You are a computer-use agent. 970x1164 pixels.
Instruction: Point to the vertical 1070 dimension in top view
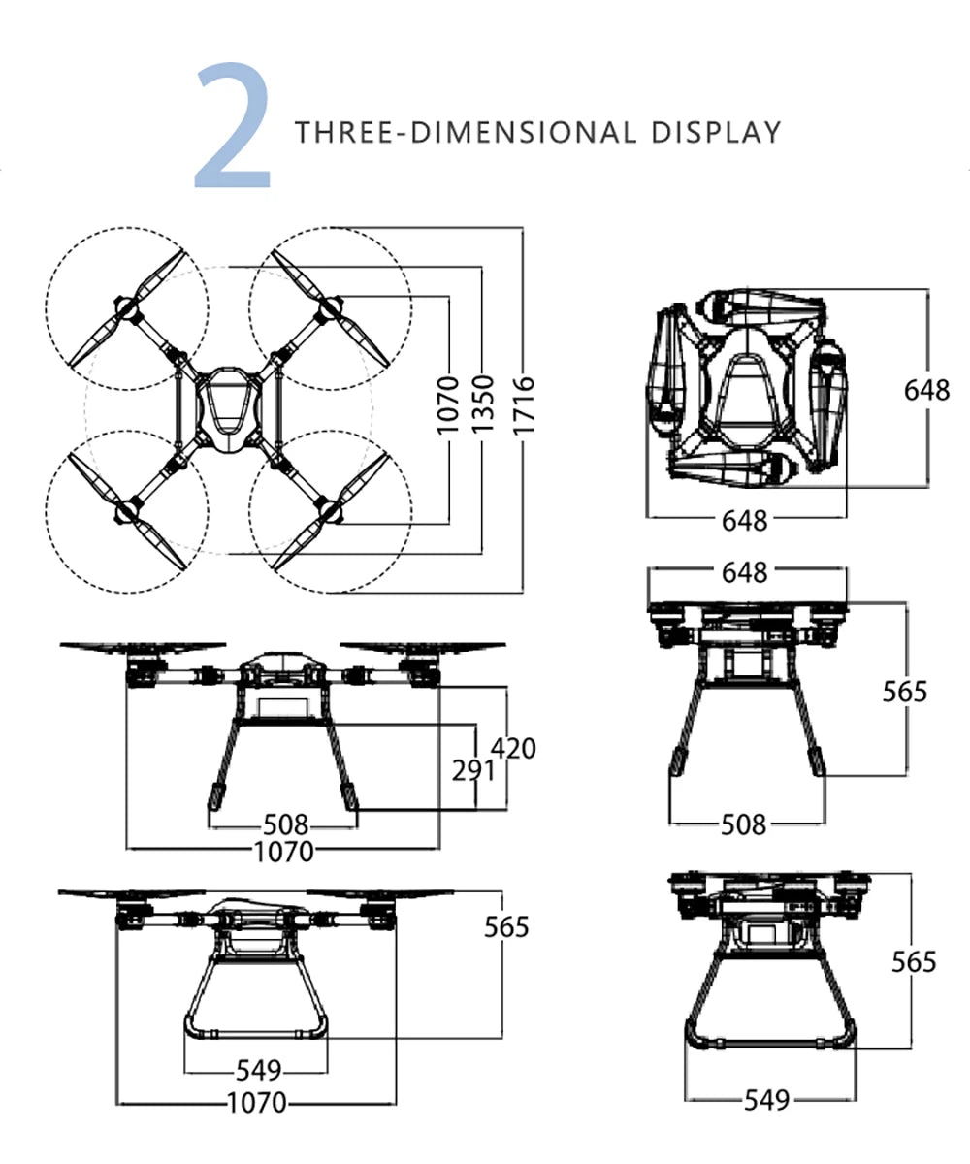[447, 405]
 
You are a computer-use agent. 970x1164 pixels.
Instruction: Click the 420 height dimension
[513, 748]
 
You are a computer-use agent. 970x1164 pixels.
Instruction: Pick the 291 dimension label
[474, 771]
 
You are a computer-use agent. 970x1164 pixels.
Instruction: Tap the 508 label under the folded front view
[745, 825]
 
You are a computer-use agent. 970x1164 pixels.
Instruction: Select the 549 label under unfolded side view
[259, 1071]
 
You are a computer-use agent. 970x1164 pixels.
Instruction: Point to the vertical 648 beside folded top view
[926, 390]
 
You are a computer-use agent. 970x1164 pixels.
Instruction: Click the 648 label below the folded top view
[745, 521]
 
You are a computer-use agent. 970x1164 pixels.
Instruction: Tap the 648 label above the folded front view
[745, 572]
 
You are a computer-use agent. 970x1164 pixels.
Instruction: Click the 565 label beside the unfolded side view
[507, 927]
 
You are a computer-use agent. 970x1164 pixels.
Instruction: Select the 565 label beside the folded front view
[904, 692]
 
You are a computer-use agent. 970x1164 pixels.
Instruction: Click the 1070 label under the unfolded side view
[257, 1103]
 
